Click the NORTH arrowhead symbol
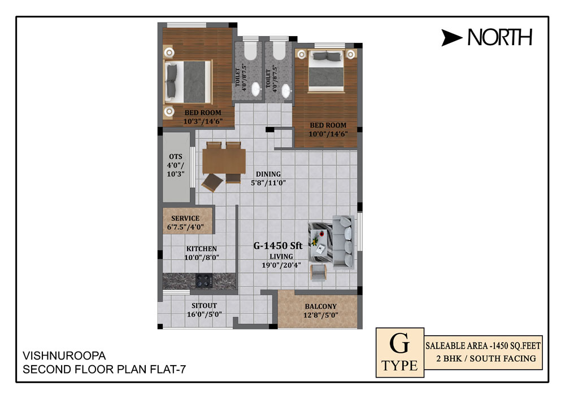(450, 38)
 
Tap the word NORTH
(500, 37)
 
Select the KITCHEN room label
(202, 249)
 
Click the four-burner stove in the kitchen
(204, 280)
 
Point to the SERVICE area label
(185, 218)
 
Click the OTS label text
(176, 156)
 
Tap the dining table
(224, 161)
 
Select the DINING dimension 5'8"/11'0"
(268, 183)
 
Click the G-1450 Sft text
(278, 245)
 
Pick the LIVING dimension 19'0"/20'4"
(281, 265)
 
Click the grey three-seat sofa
(343, 242)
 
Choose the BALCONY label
(321, 306)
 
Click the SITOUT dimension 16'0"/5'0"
(205, 314)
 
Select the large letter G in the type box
(399, 343)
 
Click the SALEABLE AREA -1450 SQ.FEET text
(483, 346)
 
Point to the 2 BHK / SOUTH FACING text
(486, 358)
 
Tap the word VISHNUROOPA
(64, 356)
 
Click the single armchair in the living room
(318, 273)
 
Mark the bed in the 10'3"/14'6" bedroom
(188, 82)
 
